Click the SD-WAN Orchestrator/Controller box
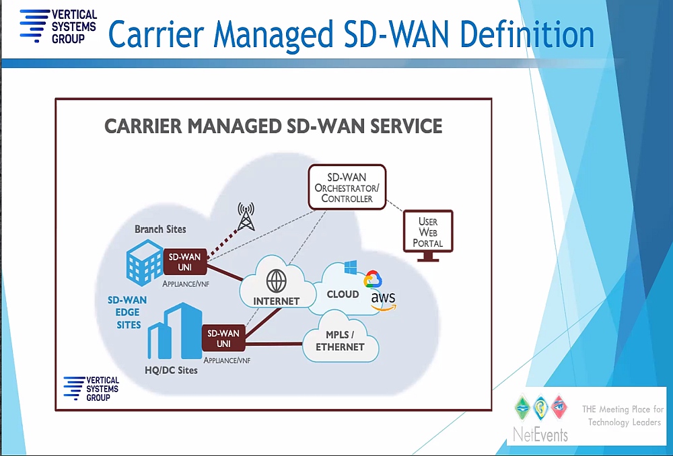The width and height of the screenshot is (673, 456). tap(347, 187)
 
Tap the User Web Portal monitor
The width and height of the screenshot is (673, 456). tap(428, 235)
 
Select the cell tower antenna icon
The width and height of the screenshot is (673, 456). tap(246, 217)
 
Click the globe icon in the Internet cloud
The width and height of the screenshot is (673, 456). tap(277, 281)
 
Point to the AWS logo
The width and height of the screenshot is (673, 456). tap(384, 300)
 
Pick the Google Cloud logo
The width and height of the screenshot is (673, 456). tap(373, 279)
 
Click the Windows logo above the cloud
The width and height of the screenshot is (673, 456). tap(351, 267)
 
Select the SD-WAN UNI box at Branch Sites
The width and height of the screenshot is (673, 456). tap(185, 262)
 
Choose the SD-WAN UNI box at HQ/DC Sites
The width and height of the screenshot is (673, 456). tap(223, 338)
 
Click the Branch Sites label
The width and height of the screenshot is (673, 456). tap(161, 229)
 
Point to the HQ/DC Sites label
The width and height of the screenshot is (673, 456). tap(171, 370)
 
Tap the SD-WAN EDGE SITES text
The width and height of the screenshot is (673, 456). tap(127, 312)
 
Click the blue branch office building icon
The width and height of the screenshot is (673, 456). tap(145, 262)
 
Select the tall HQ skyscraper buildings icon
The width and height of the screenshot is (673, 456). tap(175, 331)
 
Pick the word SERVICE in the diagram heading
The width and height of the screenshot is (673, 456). tap(406, 126)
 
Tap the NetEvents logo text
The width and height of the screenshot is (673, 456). tap(540, 435)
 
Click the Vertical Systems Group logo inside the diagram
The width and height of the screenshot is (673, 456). tap(92, 389)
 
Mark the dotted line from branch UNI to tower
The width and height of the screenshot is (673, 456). tap(222, 245)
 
